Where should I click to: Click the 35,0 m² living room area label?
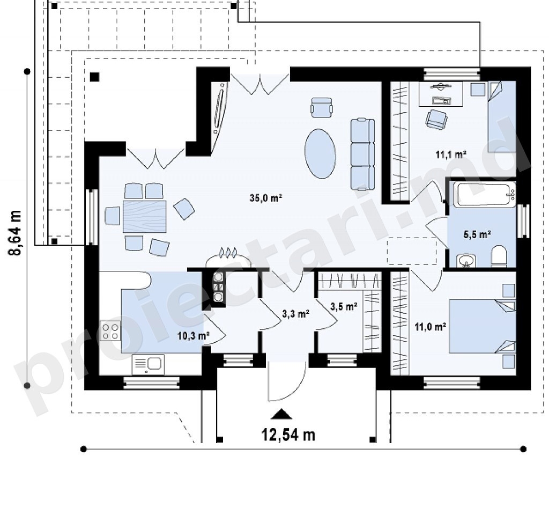[x=266, y=198]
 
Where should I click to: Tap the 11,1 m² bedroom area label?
[x=450, y=154]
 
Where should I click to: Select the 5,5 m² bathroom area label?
[x=477, y=234]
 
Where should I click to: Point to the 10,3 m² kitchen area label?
[x=193, y=336]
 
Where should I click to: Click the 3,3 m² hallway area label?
[x=295, y=314]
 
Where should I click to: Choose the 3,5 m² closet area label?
[x=344, y=306]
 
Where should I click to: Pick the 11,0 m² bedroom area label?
[x=431, y=327]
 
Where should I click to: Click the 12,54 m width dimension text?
[x=288, y=435]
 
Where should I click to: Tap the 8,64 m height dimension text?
[x=15, y=233]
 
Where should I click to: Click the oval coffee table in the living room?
[x=321, y=154]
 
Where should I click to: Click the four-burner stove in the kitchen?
[x=110, y=330]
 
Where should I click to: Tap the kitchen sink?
[x=148, y=365]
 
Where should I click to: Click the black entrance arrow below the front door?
[x=281, y=414]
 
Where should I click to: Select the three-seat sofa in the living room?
[x=362, y=154]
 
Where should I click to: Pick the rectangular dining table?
[x=144, y=217]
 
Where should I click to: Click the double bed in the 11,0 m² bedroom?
[x=483, y=326]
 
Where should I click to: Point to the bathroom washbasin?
[x=466, y=260]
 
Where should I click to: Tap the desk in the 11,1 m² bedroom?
[x=441, y=93]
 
